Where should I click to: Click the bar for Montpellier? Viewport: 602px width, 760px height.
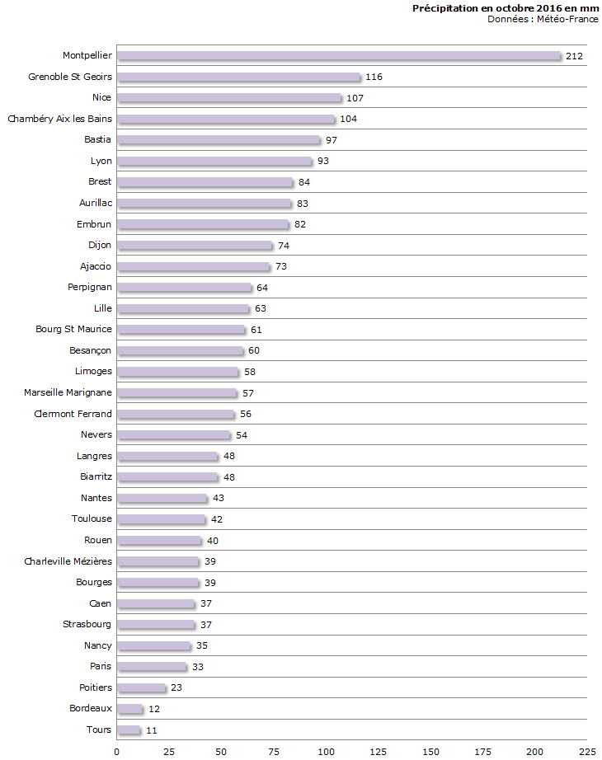point(338,56)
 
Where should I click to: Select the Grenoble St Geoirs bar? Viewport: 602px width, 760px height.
point(238,77)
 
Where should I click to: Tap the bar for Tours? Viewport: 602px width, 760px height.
point(129,730)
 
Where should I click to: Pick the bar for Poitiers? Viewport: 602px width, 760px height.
point(141,687)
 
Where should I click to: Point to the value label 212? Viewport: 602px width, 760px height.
point(575,56)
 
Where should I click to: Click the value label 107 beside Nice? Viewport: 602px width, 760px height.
point(355,98)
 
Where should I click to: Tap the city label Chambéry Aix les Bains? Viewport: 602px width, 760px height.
point(59,119)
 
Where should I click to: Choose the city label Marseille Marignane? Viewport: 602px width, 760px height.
point(68,392)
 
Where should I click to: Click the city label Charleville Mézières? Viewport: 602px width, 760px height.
point(68,561)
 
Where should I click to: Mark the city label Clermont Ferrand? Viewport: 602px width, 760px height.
point(73,414)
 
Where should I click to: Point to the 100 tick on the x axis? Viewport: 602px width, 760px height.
point(326,752)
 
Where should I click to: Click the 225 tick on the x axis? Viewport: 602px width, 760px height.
point(587,752)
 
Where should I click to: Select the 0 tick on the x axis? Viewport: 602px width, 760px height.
point(116,752)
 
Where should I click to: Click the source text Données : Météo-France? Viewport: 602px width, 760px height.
point(543,19)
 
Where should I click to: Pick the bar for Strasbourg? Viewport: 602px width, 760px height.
point(156,624)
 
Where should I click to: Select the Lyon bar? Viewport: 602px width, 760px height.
point(214,161)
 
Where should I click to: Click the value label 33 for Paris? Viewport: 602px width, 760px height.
point(200,667)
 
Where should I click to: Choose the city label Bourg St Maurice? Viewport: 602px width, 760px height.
point(73,329)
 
